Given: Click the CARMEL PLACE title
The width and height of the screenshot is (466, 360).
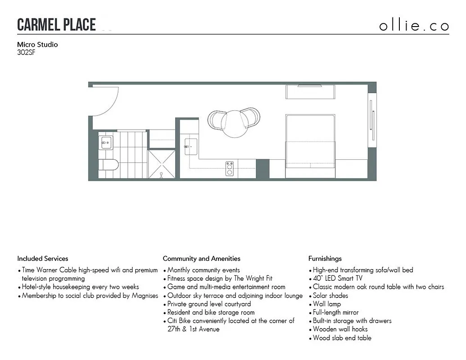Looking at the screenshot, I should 56,25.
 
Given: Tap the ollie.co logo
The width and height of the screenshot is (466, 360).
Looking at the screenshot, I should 414,25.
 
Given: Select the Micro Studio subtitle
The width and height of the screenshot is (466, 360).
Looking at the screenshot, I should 37,45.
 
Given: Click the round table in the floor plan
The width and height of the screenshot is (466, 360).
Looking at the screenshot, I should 235,124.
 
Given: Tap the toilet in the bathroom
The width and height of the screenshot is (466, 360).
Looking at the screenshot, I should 109,165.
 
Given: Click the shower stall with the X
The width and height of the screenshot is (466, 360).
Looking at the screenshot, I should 162,164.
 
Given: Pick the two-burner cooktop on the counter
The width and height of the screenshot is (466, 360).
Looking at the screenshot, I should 229,168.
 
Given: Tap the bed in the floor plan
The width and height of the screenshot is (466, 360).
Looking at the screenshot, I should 310,140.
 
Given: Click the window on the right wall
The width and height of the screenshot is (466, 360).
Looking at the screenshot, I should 372,120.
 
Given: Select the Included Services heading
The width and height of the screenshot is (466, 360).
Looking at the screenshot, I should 43,259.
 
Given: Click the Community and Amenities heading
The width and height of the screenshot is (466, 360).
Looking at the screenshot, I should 201,259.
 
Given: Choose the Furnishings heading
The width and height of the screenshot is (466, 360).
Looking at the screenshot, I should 325,259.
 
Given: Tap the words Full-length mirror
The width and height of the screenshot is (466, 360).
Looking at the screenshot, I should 335,312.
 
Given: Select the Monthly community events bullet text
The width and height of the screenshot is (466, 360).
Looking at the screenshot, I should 204,270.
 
